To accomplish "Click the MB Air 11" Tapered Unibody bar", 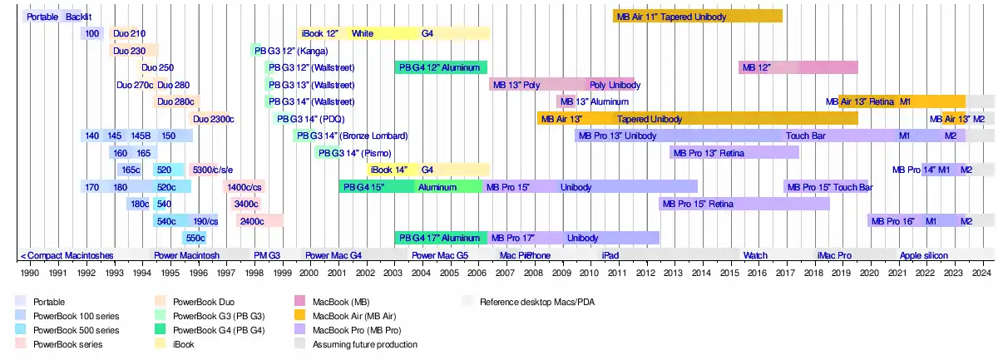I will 697,16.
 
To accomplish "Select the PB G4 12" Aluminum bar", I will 440,67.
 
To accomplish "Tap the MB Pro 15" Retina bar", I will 744,204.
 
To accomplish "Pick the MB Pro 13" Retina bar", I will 734,153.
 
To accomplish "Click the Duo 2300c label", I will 214,119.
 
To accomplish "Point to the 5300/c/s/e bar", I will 212,170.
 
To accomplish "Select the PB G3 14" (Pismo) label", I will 339,153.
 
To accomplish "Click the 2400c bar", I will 259,221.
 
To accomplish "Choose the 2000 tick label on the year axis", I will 309,272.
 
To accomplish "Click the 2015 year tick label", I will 730,272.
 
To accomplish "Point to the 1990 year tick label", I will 29,272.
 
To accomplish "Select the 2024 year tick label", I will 982,272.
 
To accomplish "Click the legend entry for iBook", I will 183,343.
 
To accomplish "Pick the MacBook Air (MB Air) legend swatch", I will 301,315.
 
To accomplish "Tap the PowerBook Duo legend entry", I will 204,302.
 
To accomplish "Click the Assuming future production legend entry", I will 364,343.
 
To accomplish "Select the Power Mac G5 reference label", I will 440,255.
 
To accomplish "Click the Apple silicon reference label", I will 923,255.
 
